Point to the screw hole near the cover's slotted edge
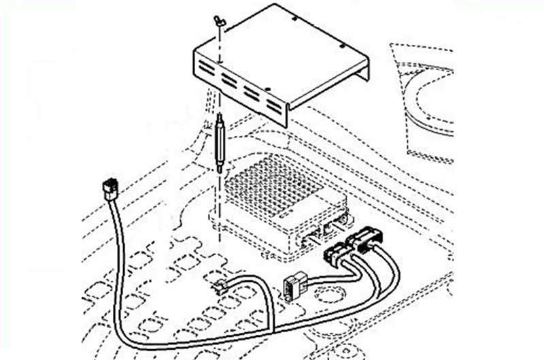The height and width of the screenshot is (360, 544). coord(270,88)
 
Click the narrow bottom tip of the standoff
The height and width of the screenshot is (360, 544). coord(220,171)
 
